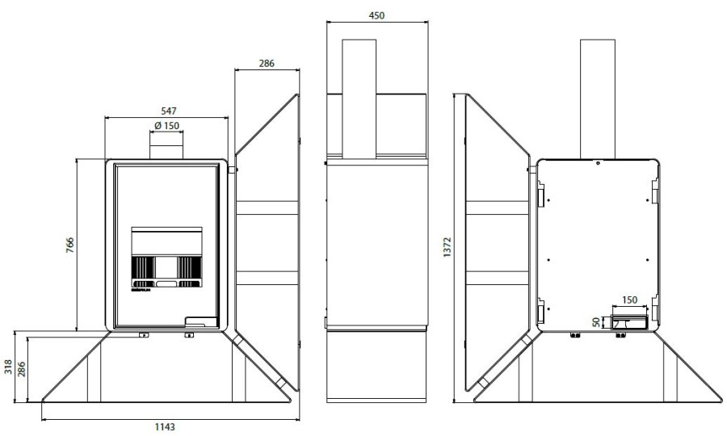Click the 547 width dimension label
pos(169,111)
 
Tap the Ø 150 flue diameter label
pos(166,126)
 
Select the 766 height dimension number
pos(70,245)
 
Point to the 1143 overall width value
pos(165,427)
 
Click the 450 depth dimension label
pos(376,16)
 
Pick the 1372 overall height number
pos(448,247)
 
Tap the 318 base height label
pos(8,367)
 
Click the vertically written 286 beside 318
pos(21,369)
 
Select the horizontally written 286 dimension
pos(267,64)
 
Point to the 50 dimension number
pos(596,322)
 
